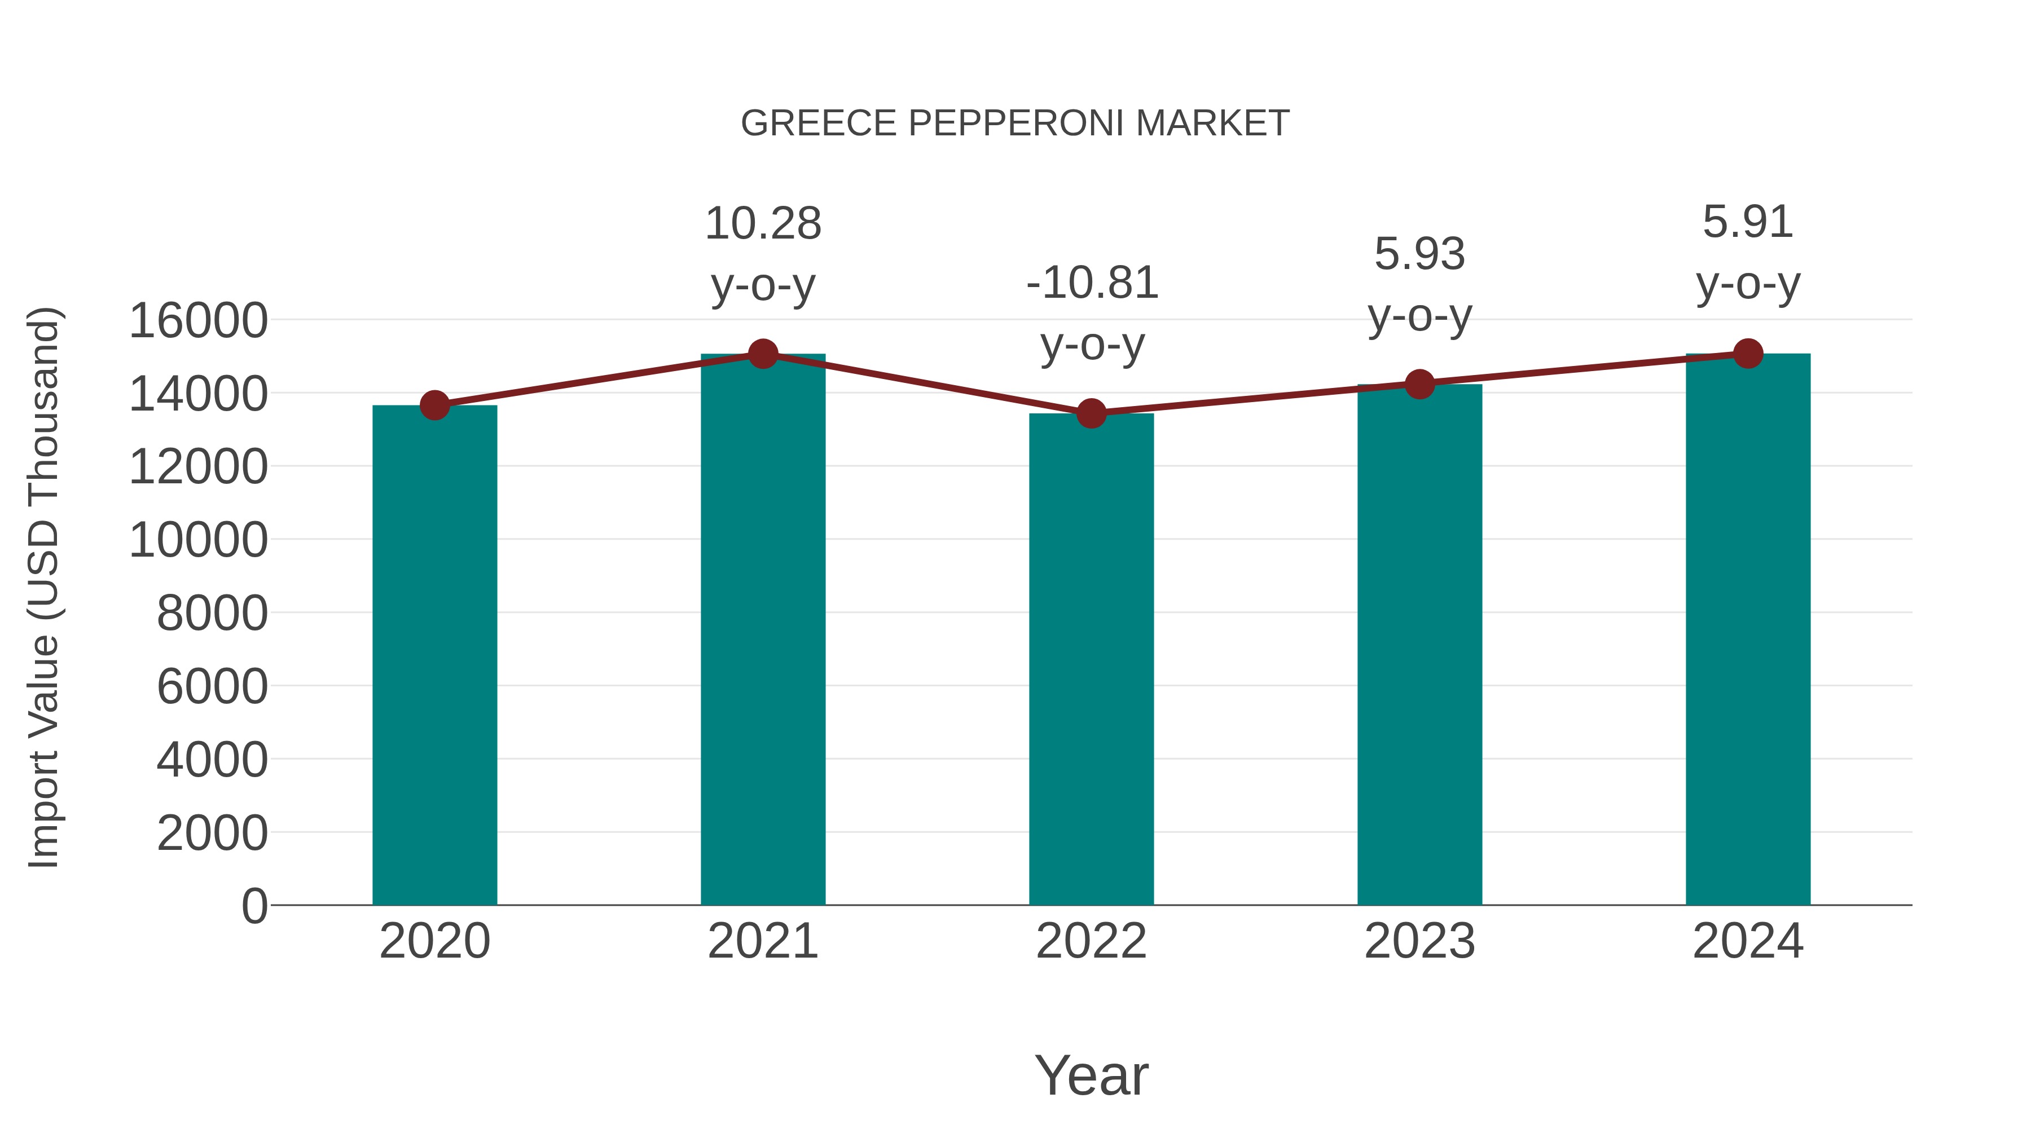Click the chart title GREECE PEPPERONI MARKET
[x=1015, y=124]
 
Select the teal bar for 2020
[x=434, y=654]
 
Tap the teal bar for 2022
[x=1091, y=658]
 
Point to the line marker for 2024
[x=1748, y=354]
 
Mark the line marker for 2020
[x=434, y=406]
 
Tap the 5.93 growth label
[x=1419, y=254]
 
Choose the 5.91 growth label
[x=1748, y=222]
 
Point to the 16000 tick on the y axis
[x=198, y=321]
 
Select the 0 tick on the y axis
[x=254, y=906]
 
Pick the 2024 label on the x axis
[x=1748, y=941]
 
